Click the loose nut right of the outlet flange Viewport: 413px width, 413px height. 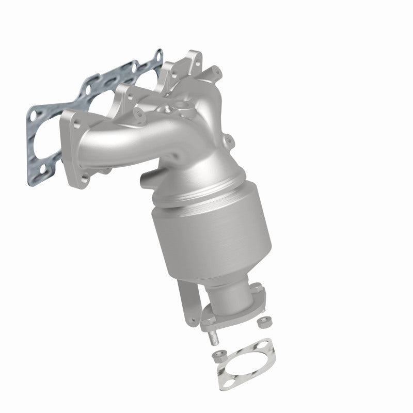261,321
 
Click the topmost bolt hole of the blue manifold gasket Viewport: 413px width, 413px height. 158,54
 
